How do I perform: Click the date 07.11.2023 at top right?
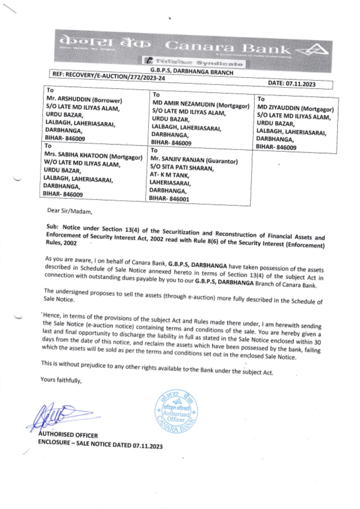pyautogui.click(x=292, y=84)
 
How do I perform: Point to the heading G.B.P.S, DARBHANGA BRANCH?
pyautogui.click(x=192, y=71)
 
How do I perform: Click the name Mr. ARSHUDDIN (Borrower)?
pyautogui.click(x=84, y=100)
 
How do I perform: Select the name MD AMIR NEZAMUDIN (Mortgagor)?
pyautogui.click(x=201, y=104)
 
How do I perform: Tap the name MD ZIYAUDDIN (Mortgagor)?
pyautogui.click(x=295, y=108)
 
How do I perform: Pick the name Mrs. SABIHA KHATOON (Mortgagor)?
pyautogui.click(x=93, y=156)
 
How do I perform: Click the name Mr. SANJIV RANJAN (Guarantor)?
pyautogui.click(x=194, y=160)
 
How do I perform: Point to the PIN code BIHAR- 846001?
pyautogui.click(x=169, y=199)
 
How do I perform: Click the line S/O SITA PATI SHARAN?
pyautogui.click(x=182, y=168)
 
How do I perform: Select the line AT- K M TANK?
pyautogui.click(x=169, y=175)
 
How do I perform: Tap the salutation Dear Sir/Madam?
pyautogui.click(x=70, y=211)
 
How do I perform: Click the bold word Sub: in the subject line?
pyautogui.click(x=52, y=227)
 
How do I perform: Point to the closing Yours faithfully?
pyautogui.click(x=61, y=380)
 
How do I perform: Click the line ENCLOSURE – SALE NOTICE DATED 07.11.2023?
pyautogui.click(x=100, y=444)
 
